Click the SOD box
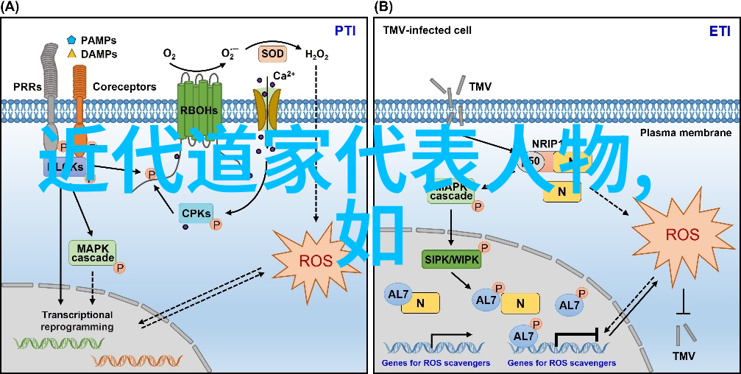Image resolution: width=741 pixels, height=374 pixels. coord(272,54)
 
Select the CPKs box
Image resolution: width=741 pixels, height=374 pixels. coord(196,214)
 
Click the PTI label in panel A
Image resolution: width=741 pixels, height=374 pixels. coord(345,31)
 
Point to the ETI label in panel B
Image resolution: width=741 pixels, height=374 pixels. coord(720,31)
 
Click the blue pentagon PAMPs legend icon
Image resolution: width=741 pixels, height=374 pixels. coord(71,40)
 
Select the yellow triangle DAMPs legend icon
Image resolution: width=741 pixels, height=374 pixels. coord(71,54)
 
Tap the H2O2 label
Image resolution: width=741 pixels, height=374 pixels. coord(316,54)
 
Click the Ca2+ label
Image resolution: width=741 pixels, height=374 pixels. coord(284,76)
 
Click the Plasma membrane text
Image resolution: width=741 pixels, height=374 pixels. coord(685,133)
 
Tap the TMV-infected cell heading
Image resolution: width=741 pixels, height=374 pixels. coord(427,31)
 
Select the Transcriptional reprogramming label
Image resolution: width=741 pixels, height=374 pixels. coord(77,320)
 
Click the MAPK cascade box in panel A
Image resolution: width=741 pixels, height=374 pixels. coord(92,253)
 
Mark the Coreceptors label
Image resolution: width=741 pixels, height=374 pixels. coord(124,87)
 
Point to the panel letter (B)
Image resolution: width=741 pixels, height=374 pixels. coord(383,7)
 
